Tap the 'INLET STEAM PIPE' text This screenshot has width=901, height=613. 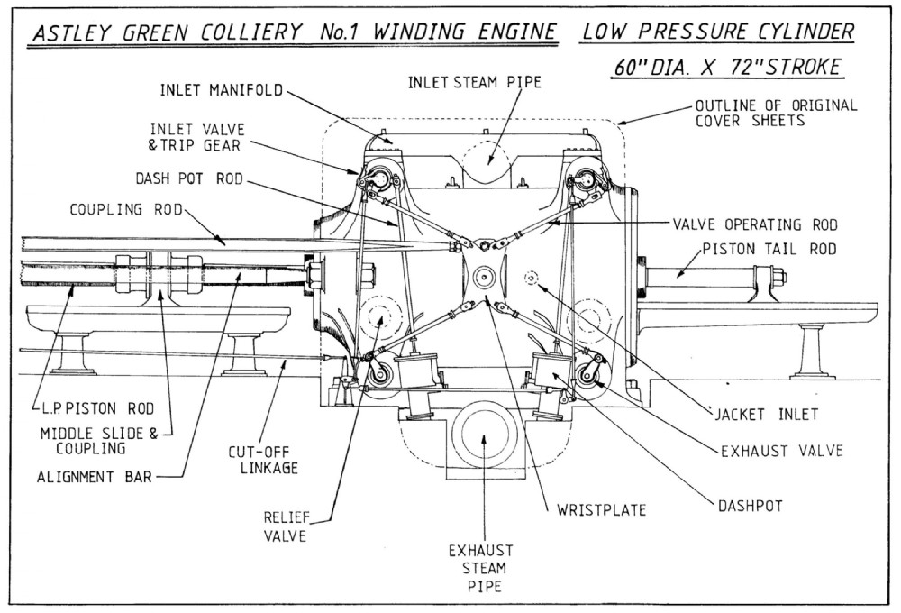[475, 82]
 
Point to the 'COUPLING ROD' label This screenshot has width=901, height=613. [126, 211]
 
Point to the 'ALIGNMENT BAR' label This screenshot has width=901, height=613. [92, 477]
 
